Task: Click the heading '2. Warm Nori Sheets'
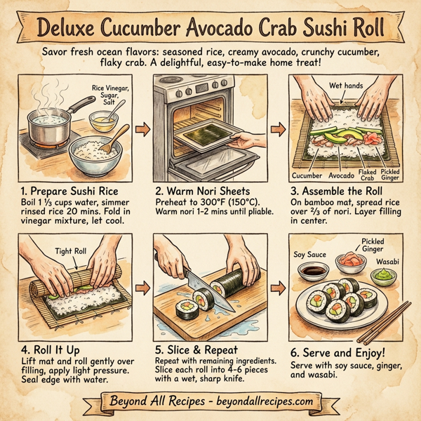pyautogui.click(x=201, y=189)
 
